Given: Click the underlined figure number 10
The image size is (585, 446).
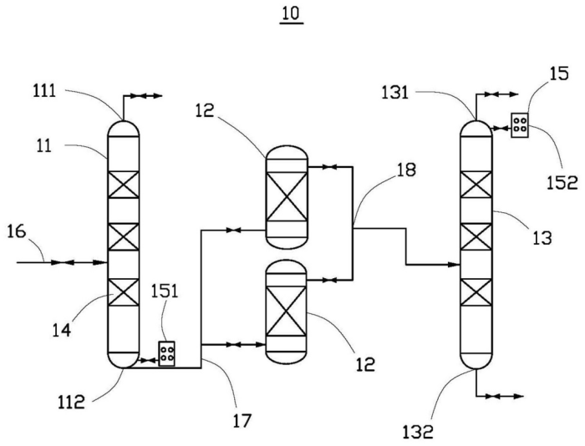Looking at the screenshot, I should coord(292,14).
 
